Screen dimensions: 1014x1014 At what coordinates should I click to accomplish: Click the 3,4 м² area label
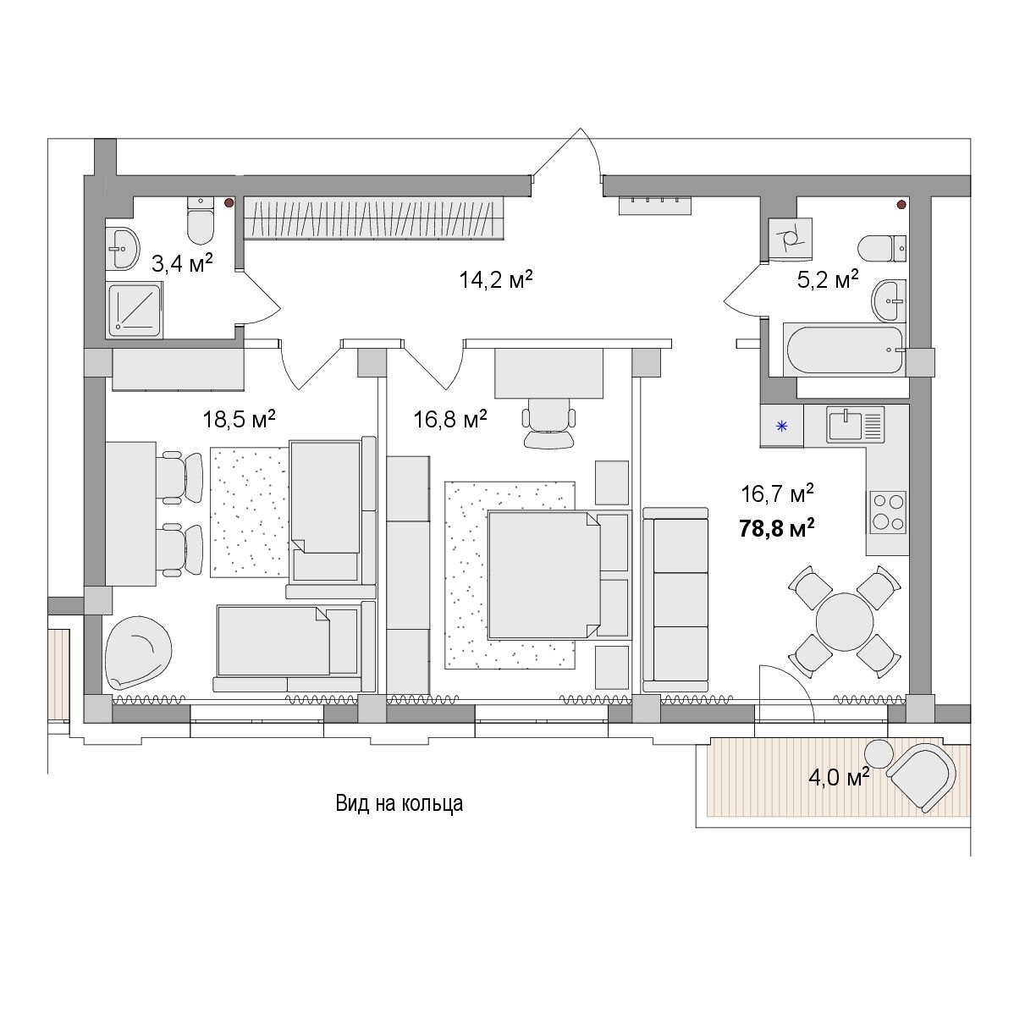click(x=182, y=263)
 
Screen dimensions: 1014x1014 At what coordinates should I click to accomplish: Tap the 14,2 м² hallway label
click(x=496, y=279)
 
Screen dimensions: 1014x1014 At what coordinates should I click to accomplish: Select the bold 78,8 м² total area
click(x=777, y=528)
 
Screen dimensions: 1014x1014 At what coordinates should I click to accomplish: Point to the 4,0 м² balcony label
click(x=839, y=777)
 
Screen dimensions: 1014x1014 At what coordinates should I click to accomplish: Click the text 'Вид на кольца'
click(x=399, y=803)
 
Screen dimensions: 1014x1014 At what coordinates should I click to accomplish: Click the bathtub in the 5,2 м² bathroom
click(x=843, y=350)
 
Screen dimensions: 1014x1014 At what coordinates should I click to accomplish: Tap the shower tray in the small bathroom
click(x=135, y=309)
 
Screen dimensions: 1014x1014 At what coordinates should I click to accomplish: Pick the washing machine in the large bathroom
click(x=791, y=239)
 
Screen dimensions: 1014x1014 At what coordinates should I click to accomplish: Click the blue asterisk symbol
click(x=782, y=426)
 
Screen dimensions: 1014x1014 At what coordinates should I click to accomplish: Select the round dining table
click(x=844, y=622)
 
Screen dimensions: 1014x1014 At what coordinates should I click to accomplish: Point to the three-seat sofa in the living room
click(x=675, y=599)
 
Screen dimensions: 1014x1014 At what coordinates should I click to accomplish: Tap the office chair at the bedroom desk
click(x=549, y=422)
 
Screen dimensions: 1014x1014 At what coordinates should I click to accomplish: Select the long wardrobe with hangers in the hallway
click(x=373, y=218)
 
